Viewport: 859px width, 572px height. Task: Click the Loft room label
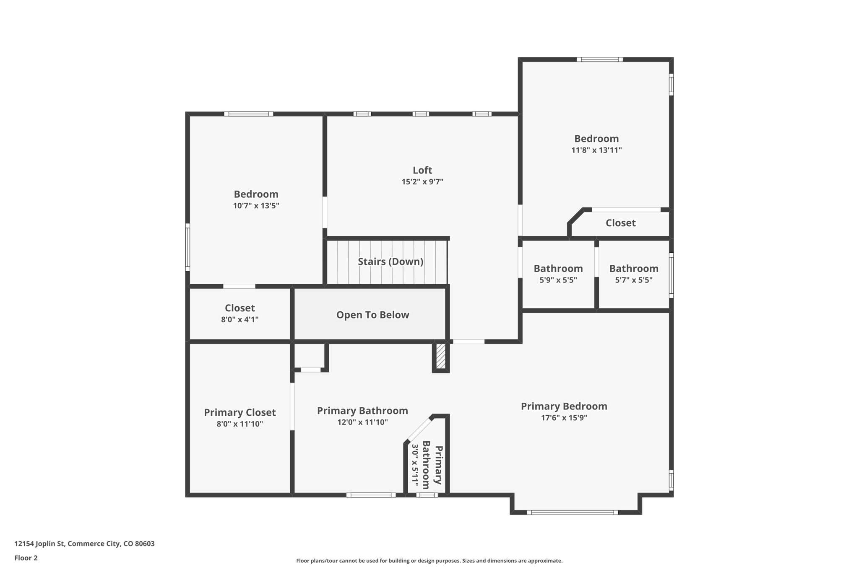[x=422, y=170]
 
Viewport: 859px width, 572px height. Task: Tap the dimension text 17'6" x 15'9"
[x=564, y=418]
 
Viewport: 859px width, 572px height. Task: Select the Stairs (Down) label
[x=390, y=261]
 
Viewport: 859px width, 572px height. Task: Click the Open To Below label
[x=372, y=315]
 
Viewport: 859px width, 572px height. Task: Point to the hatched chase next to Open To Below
[x=440, y=356]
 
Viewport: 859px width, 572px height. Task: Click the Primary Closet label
[x=239, y=412]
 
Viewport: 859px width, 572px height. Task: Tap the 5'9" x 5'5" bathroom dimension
[x=558, y=280]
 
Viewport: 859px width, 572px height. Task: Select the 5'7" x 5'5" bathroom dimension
[x=633, y=280]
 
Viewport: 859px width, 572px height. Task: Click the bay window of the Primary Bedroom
[x=573, y=512]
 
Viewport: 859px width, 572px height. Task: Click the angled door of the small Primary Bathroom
[x=419, y=429]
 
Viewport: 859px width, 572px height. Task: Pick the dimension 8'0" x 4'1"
[x=239, y=319]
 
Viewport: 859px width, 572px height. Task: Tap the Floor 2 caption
[x=26, y=558]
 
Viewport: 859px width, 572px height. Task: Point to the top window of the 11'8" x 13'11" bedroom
[x=599, y=60]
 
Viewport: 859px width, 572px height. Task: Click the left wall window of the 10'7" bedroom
[x=187, y=247]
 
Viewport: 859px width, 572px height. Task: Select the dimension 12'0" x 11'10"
[x=362, y=422]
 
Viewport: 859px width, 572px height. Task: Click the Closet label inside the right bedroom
[x=620, y=223]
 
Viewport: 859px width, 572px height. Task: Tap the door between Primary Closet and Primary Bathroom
[x=292, y=406]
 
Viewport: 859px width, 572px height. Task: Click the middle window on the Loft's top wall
[x=421, y=114]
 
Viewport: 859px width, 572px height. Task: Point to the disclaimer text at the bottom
[x=429, y=561]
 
